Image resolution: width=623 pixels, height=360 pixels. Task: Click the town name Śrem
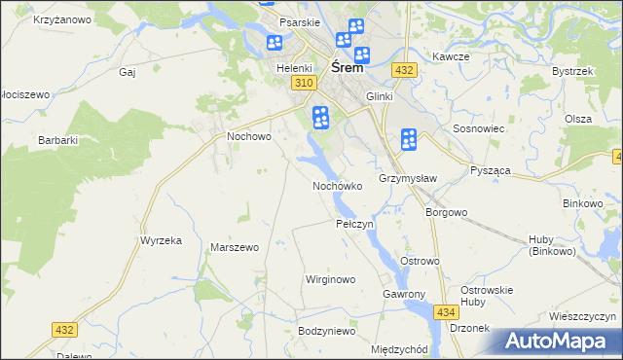(x=348, y=68)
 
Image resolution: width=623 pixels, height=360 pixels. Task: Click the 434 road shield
(x=446, y=311)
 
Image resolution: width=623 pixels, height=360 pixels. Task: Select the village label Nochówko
(x=337, y=185)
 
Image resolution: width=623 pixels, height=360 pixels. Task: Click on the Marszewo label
(x=235, y=247)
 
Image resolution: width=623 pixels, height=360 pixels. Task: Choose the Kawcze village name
(x=452, y=56)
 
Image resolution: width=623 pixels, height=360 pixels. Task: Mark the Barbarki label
(x=57, y=140)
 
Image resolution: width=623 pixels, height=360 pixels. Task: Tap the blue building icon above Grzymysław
(x=409, y=140)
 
